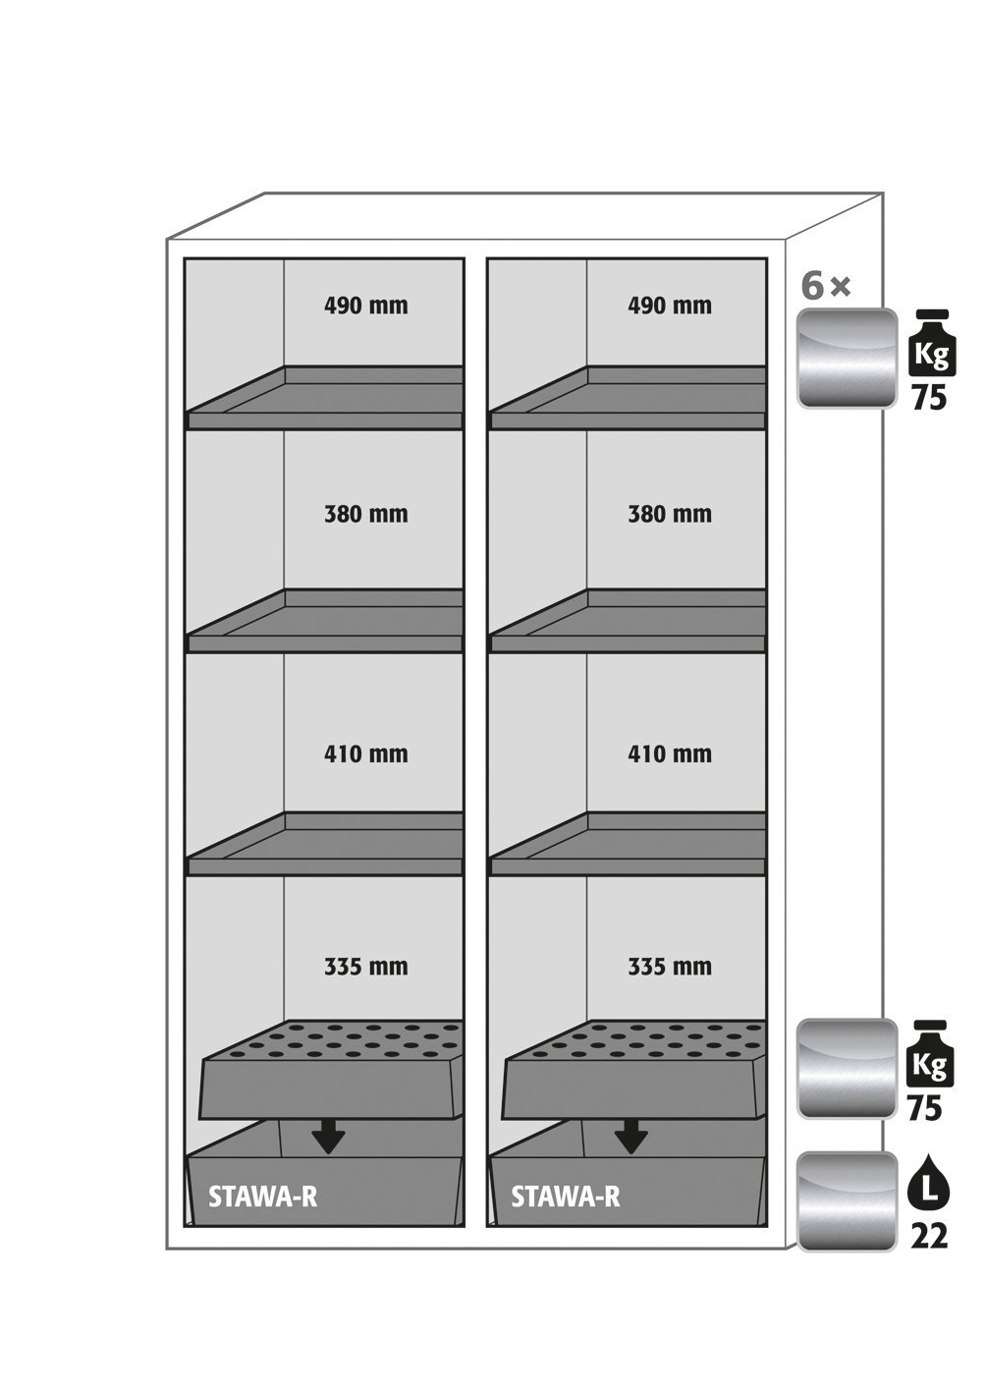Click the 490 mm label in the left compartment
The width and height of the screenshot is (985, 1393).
tap(365, 306)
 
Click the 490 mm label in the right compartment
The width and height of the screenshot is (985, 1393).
tap(669, 306)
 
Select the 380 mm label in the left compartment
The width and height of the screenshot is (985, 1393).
tap(365, 514)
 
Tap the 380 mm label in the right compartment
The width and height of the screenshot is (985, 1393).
tap(669, 514)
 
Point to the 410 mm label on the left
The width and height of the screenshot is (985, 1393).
tap(365, 754)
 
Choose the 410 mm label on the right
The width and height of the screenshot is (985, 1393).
tap(669, 754)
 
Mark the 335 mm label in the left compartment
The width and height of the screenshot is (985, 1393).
tap(365, 967)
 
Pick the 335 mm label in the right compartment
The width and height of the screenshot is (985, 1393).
tap(669, 967)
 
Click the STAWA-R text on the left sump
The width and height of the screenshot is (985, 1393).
tap(262, 1197)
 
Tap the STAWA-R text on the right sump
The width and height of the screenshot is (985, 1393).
tap(566, 1197)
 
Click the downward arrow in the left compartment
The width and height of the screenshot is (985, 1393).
tap(327, 1138)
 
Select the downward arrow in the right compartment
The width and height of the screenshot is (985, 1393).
tap(630, 1138)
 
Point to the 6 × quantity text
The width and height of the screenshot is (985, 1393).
tap(825, 287)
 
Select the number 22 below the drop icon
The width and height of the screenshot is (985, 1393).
tap(928, 1236)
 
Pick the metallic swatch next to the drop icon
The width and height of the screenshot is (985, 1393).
tap(847, 1201)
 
